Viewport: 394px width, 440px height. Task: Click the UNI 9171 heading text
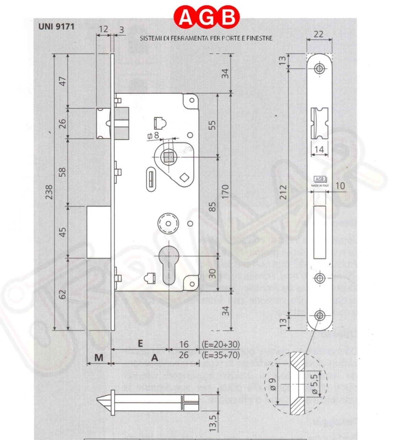click(x=56, y=26)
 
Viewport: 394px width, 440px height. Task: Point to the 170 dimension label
click(x=225, y=192)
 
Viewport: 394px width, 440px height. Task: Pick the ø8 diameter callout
click(x=153, y=135)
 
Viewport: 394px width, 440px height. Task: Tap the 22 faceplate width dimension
click(x=318, y=34)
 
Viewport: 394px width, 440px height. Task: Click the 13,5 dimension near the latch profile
click(x=212, y=422)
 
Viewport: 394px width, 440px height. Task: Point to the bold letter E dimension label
click(x=140, y=343)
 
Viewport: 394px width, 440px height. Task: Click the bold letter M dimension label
click(x=98, y=358)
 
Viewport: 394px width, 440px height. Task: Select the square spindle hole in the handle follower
click(x=168, y=157)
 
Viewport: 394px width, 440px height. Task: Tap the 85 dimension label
click(x=212, y=206)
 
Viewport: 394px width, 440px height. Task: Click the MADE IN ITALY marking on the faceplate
click(x=320, y=185)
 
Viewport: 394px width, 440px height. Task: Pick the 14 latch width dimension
click(x=319, y=149)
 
